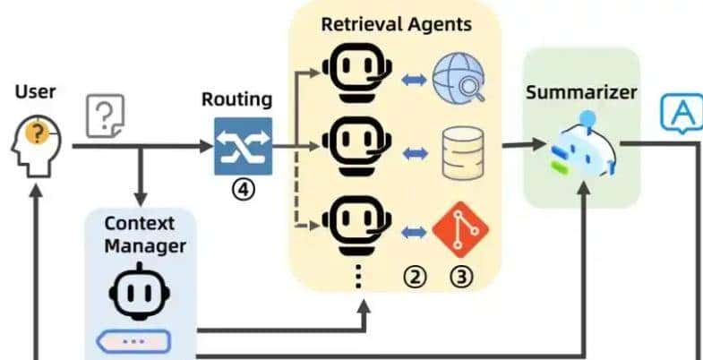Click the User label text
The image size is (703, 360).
tap(35, 91)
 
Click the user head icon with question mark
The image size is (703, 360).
tap(37, 142)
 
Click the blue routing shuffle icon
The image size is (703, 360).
tap(242, 145)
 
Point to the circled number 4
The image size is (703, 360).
tap(243, 190)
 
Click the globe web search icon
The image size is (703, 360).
tap(458, 80)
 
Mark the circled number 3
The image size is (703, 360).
tap(461, 277)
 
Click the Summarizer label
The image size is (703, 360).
tap(581, 92)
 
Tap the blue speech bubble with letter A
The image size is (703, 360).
tap(681, 113)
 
